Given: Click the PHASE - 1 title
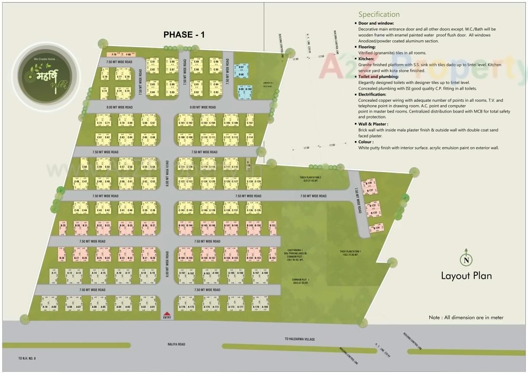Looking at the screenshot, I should coord(184,35).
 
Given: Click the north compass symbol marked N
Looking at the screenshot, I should coord(466,259).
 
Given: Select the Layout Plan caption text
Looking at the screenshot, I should coord(466,276).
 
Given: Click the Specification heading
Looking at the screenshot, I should coord(379,15).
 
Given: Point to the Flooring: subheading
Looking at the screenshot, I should coord(367,47).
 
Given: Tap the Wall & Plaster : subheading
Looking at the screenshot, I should coord(373,124).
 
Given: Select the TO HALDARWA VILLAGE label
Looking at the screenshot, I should coord(299,339).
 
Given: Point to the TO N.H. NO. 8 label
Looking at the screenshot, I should coord(27,358).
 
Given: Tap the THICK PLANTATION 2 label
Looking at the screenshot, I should coord(310,179).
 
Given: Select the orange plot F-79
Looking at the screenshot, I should coord(114,55).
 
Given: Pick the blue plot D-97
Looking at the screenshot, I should coord(241,68).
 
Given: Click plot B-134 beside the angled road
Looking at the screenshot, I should coord(376,228).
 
